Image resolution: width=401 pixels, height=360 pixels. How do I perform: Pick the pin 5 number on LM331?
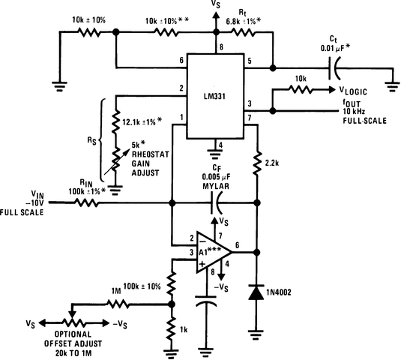(x=249, y=60)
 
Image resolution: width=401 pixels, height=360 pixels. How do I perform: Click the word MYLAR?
(x=218, y=188)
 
